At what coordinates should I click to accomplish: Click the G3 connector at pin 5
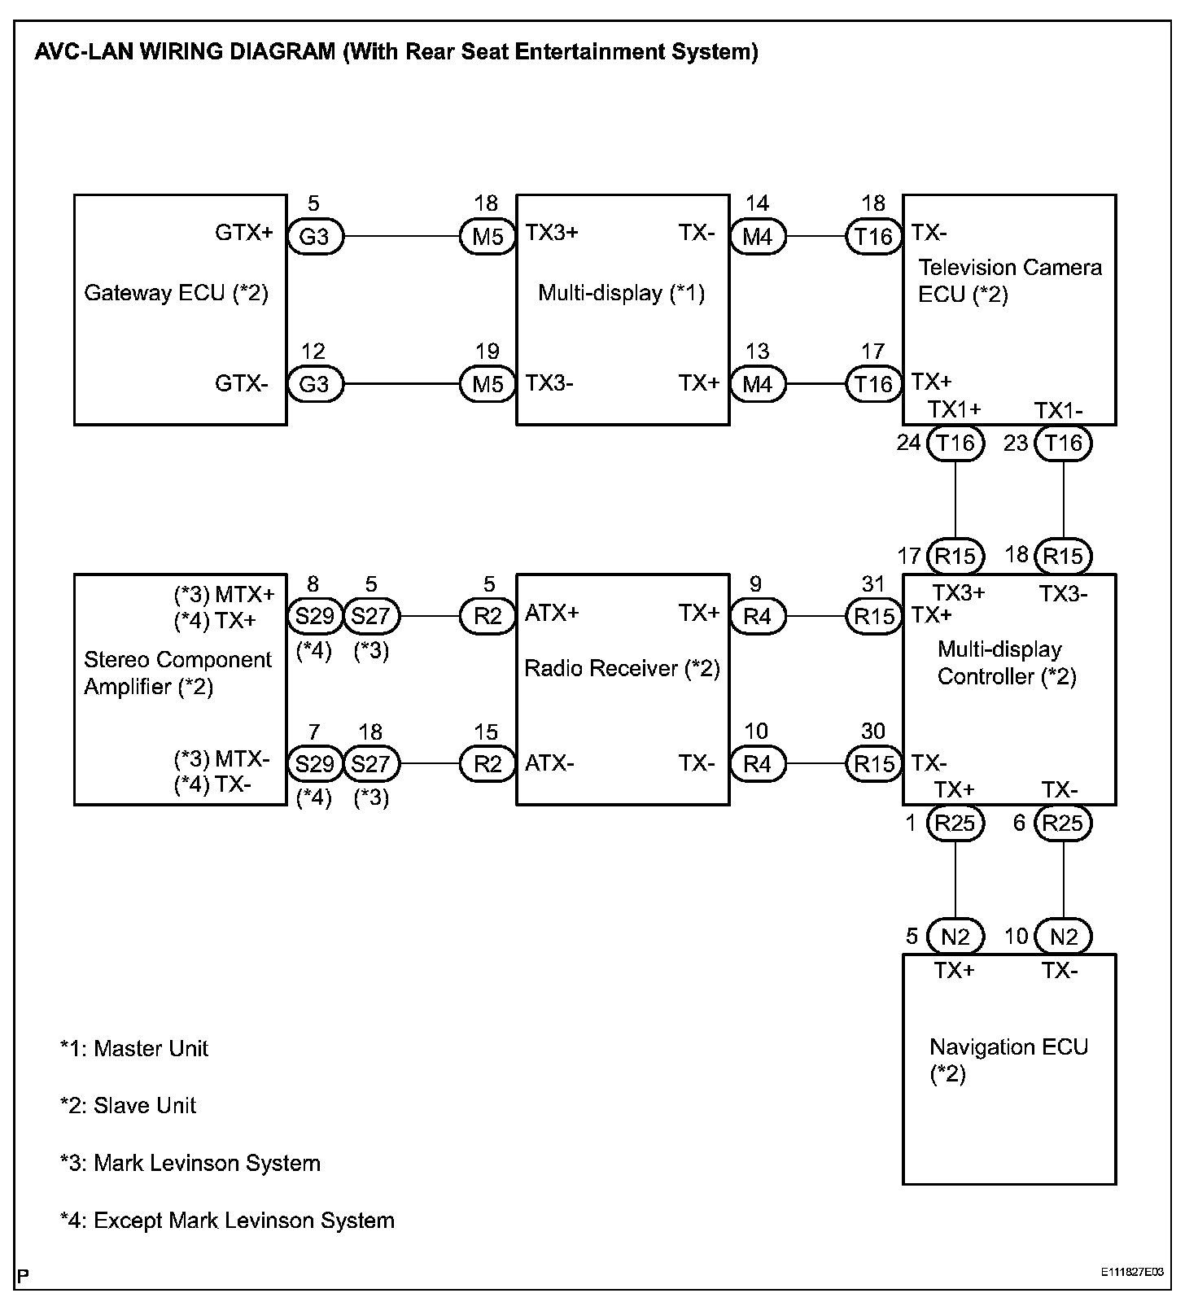point(314,237)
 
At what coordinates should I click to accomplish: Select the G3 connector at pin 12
point(314,384)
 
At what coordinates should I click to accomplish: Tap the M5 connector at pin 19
point(488,384)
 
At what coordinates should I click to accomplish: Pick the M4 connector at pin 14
point(757,237)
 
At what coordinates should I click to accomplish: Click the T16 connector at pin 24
point(955,443)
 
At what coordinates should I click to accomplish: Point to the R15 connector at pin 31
point(874,617)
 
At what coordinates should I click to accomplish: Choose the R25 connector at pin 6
point(1062,824)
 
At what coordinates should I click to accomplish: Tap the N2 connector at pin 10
point(1063,937)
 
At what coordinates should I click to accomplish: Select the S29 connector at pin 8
point(314,617)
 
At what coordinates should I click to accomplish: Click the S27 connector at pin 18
point(371,764)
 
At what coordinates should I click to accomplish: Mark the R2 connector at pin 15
point(488,764)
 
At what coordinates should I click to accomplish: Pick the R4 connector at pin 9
point(757,617)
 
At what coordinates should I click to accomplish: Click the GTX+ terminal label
point(244,234)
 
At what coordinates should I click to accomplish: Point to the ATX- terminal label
point(549,763)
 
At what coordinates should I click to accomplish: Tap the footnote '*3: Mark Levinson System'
point(190,1163)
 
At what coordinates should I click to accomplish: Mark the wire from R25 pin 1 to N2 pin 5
point(955,880)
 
